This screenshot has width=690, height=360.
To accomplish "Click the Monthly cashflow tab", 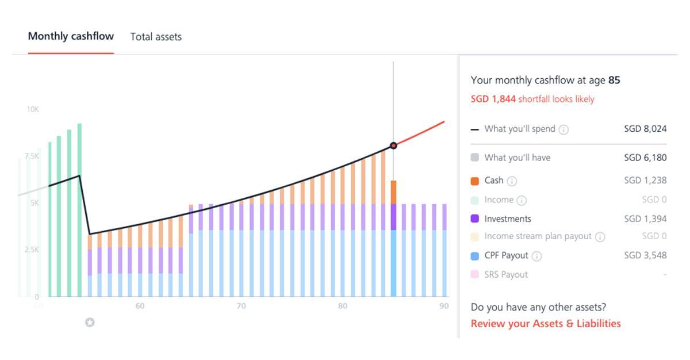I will [x=71, y=36].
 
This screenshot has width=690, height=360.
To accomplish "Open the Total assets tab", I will [x=156, y=37].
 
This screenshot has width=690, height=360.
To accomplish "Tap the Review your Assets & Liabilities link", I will [x=545, y=323].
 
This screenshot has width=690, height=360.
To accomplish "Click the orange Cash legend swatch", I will [x=474, y=181].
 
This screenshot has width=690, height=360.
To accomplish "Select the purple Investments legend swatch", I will [x=474, y=219].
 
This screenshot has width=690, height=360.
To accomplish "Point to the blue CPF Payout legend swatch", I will [x=474, y=256].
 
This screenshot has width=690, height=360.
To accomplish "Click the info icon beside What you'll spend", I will [x=563, y=129].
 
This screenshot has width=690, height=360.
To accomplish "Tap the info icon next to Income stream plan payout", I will [x=600, y=237].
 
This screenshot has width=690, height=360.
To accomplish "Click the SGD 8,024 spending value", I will [x=645, y=129].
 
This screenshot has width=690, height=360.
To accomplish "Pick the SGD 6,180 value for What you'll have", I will [x=645, y=158].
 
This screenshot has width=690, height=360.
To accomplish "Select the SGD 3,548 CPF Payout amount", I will [x=645, y=255].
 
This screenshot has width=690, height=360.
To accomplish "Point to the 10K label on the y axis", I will [x=32, y=109].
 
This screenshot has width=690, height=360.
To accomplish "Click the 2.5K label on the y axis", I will [x=31, y=250].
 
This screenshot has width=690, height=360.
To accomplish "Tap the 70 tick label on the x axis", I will [x=241, y=306].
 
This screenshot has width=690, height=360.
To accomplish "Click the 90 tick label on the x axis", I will [x=444, y=306].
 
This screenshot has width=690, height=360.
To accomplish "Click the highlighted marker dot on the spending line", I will [x=393, y=145].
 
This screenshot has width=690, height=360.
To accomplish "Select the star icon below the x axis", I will [x=90, y=323].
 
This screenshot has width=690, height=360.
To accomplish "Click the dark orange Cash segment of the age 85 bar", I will [x=393, y=192].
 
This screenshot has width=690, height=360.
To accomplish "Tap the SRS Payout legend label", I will [x=506, y=275].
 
